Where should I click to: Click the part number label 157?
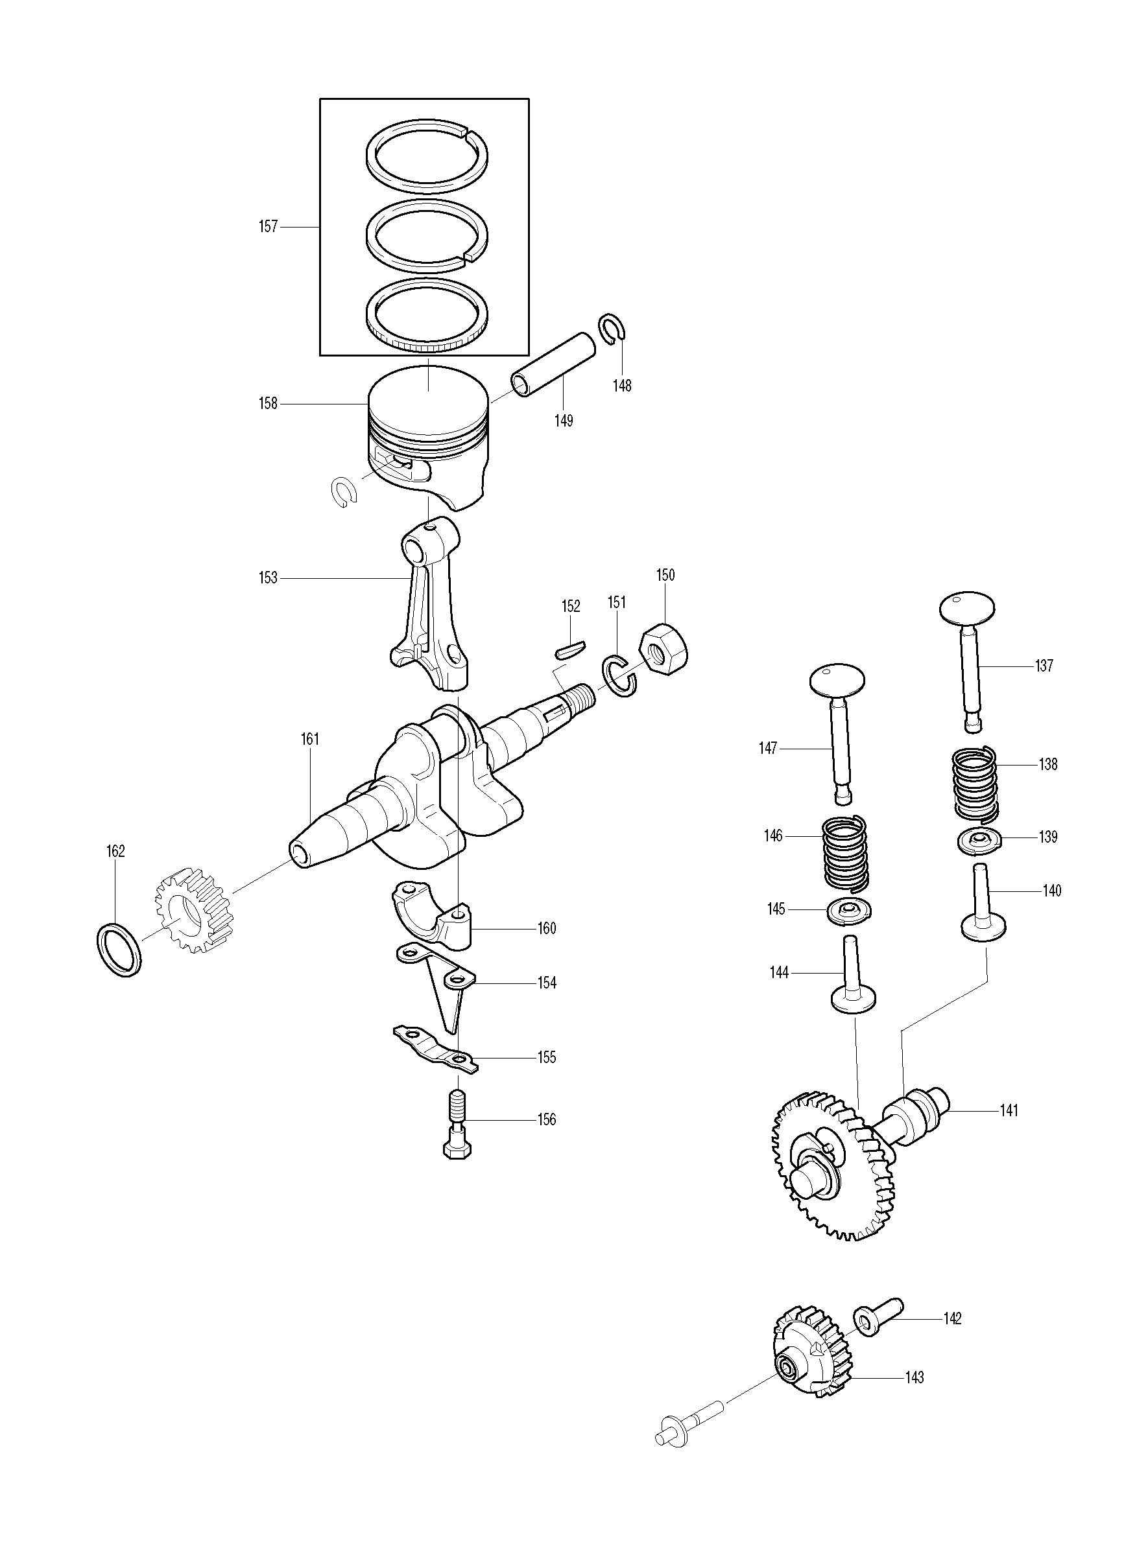pyautogui.click(x=269, y=227)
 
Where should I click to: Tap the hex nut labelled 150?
pyautogui.click(x=664, y=648)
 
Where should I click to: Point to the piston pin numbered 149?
pyautogui.click(x=553, y=365)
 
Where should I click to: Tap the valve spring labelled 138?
pyautogui.click(x=975, y=784)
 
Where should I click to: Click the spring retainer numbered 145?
pyautogui.click(x=850, y=911)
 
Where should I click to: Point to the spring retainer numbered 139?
pyautogui.click(x=979, y=841)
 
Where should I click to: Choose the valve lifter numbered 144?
pyautogui.click(x=852, y=977)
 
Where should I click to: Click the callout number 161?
pyautogui.click(x=310, y=739)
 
